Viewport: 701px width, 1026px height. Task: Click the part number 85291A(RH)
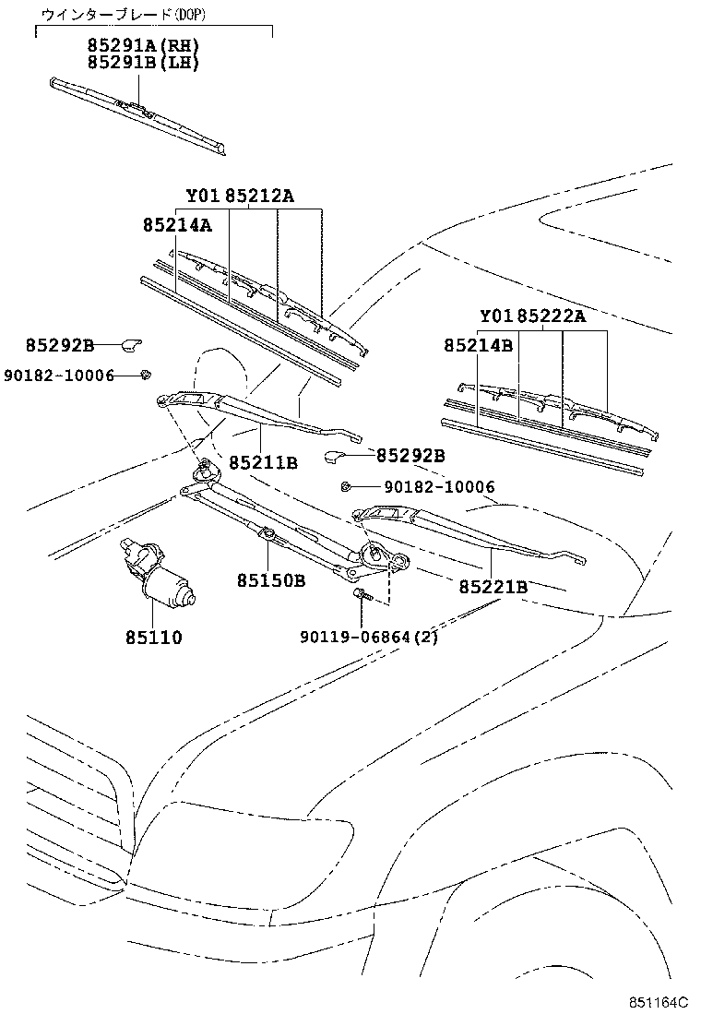tap(143, 45)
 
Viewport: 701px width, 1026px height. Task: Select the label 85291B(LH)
tap(143, 62)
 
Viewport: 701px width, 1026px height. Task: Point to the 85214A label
tap(177, 225)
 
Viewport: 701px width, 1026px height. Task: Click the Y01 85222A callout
tap(532, 316)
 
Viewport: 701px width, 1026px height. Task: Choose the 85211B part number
tap(263, 461)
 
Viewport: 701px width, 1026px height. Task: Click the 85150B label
tap(270, 580)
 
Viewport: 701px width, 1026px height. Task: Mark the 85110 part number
tap(154, 637)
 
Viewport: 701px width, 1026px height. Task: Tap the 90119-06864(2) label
tap(369, 637)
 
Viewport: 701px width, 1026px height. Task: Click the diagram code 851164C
tap(659, 1003)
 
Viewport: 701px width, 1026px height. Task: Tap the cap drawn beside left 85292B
tap(131, 344)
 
